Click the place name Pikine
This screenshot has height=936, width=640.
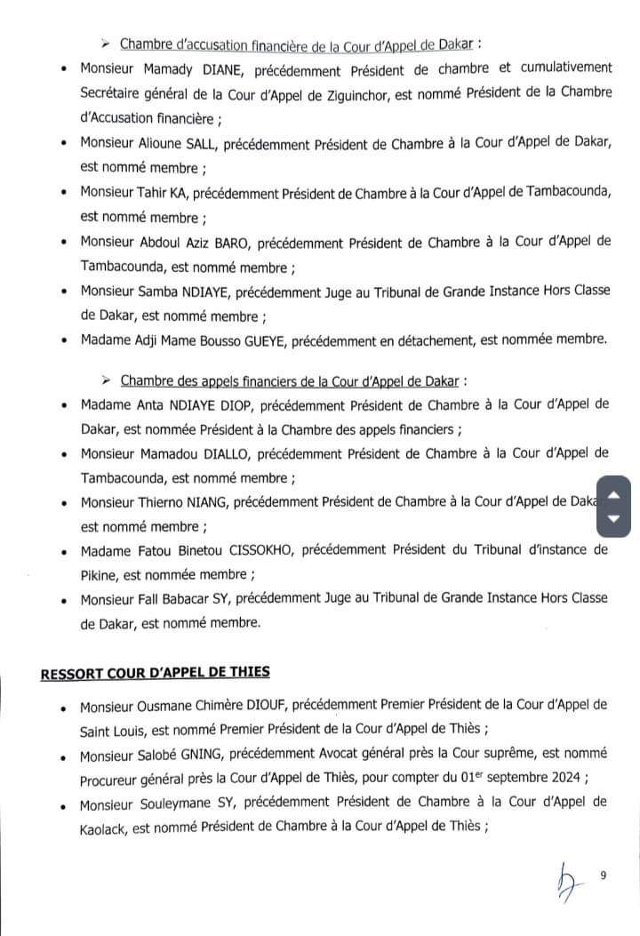tap(100, 574)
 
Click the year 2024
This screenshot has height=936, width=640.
tap(565, 777)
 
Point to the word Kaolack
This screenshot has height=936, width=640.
tap(102, 826)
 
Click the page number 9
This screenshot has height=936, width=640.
tap(604, 876)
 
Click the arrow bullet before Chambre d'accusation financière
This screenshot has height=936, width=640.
tap(108, 43)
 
